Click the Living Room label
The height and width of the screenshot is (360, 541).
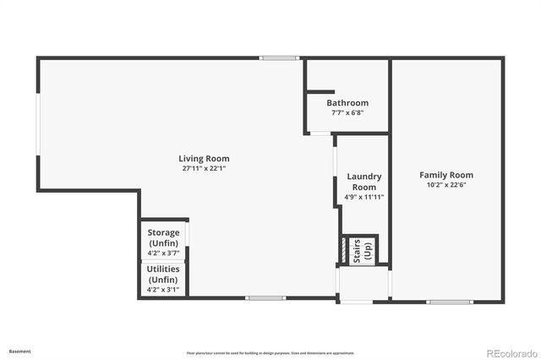pyautogui.click(x=204, y=158)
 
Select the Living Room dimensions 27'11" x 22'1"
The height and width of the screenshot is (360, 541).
pyautogui.click(x=204, y=168)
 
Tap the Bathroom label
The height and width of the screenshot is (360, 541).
pyautogui.click(x=347, y=103)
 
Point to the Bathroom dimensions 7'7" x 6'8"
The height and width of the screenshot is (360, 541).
pyautogui.click(x=347, y=112)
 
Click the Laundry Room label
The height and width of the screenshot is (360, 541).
pyautogui.click(x=364, y=182)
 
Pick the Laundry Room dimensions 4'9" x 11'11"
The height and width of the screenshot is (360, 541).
pyautogui.click(x=364, y=197)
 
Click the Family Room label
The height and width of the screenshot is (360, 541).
pyautogui.click(x=446, y=175)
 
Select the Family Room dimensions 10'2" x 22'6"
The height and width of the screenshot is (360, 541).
pyautogui.click(x=446, y=186)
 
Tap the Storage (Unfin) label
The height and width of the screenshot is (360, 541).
pyautogui.click(x=163, y=237)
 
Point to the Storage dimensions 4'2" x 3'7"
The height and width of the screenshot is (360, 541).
pyautogui.click(x=163, y=253)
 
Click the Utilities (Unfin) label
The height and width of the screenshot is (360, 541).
pyautogui.click(x=163, y=274)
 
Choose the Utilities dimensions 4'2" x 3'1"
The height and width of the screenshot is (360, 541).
pyautogui.click(x=163, y=289)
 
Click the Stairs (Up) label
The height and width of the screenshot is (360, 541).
pyautogui.click(x=362, y=250)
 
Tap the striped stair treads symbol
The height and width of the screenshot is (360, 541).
pyautogui.click(x=343, y=250)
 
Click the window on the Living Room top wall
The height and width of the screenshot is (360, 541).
pyautogui.click(x=279, y=57)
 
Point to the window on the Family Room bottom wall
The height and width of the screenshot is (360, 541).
pyautogui.click(x=445, y=302)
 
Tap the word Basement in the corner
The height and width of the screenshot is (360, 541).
pyautogui.click(x=19, y=351)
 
